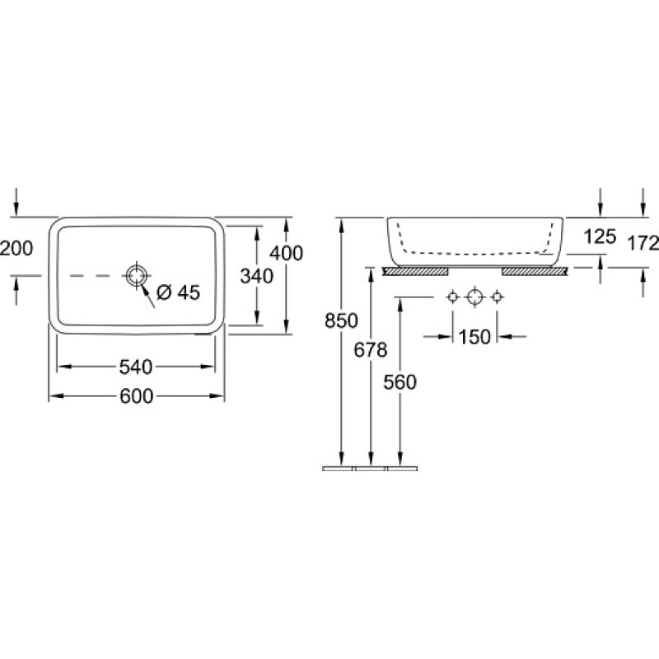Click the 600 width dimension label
coord(136,396)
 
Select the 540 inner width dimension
coord(136,367)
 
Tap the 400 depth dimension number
coord(286,253)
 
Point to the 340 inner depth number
coord(257,276)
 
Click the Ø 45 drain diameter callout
coord(178,292)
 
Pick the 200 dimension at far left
coord(16,249)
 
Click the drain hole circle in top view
coord(137,276)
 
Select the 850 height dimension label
coord(341,321)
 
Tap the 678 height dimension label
coord(370,349)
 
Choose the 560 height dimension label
coord(400,382)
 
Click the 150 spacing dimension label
coord(474,337)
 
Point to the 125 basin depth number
coord(600,237)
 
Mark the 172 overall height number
coord(643,243)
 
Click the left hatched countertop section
coord(415,272)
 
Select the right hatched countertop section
coord(535,272)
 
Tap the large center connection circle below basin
coord(474,297)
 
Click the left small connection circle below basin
coord(452,297)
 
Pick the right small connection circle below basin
coord(497,297)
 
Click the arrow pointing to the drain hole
coord(148,296)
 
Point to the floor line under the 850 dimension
coord(338,468)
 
